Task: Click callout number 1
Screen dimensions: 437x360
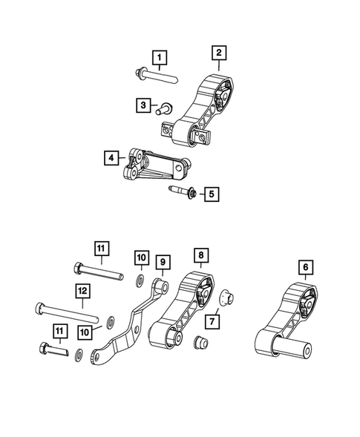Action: point(160,56)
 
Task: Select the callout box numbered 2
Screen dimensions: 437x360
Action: point(220,53)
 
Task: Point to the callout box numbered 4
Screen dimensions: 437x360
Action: point(111,157)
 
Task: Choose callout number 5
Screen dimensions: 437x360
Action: point(212,194)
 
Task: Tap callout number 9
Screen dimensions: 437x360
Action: point(163,261)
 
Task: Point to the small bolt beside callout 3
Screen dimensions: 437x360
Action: point(163,108)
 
